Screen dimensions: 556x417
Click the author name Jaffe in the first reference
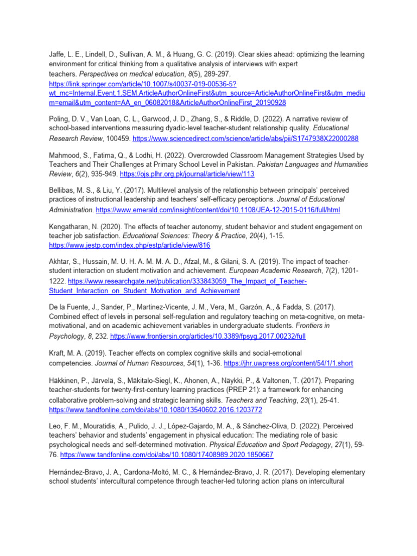point(57,55)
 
